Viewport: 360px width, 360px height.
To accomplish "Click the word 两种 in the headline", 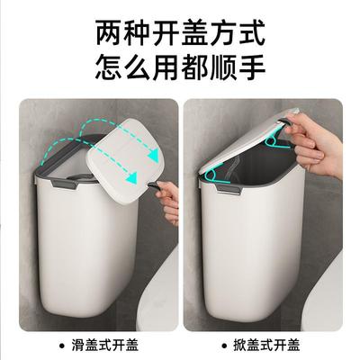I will (119, 35).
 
